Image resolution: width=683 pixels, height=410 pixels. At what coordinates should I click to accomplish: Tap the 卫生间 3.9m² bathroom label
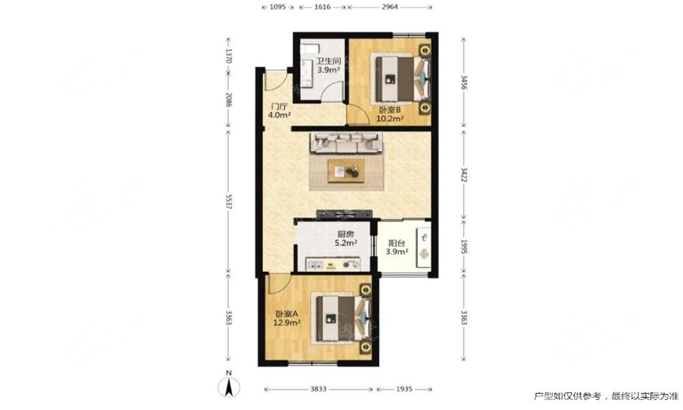[328, 66]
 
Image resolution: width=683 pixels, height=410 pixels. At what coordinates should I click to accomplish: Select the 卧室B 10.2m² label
[390, 113]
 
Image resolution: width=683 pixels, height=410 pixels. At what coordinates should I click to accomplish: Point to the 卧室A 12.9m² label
[287, 318]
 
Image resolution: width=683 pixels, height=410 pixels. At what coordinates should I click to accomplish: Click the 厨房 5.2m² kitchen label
[346, 238]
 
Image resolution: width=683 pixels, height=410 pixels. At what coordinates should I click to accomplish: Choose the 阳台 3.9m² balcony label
[397, 247]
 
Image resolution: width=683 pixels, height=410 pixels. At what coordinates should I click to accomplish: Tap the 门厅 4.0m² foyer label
[279, 111]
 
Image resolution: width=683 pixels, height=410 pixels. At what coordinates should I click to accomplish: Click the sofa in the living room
[346, 143]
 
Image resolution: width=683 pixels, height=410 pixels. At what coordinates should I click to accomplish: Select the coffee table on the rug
[346, 169]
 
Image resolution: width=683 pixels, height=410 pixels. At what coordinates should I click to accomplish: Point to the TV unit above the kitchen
[344, 213]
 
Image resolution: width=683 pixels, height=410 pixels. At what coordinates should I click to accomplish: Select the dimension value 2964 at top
[389, 7]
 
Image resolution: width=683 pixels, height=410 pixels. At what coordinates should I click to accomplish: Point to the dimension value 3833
[318, 389]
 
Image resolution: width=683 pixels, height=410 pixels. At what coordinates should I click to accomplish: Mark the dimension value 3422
[464, 174]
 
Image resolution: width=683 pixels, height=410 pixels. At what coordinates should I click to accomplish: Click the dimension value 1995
[464, 247]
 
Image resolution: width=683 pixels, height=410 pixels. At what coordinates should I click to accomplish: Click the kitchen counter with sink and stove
[333, 264]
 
